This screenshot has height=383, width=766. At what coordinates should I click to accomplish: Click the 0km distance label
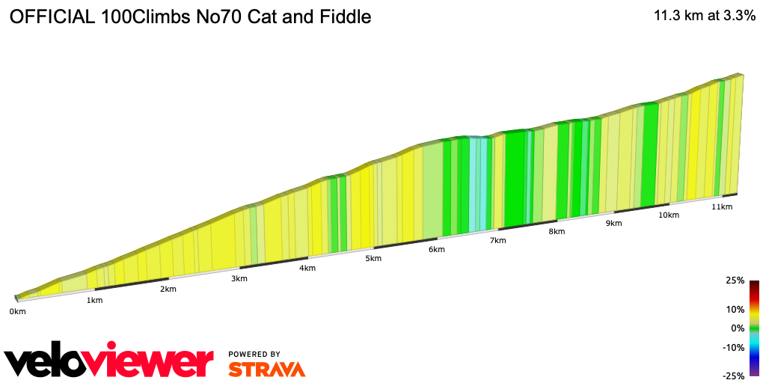point(17,311)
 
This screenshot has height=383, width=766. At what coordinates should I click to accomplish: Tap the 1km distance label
point(94,301)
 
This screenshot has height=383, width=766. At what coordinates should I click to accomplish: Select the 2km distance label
point(168,289)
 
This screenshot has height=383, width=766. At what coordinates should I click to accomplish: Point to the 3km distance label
point(239,279)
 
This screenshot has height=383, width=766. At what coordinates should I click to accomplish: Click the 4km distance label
point(307,269)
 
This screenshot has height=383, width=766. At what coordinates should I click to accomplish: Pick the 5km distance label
point(373,259)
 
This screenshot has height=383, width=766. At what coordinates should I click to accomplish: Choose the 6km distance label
point(437,250)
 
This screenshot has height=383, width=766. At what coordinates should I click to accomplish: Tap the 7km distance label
point(498,240)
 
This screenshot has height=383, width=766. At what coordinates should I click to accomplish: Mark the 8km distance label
point(557,232)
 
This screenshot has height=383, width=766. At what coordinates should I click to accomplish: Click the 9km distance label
point(614,224)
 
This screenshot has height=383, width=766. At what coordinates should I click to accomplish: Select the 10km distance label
point(669,215)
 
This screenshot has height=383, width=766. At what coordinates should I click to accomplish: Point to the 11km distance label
point(722,206)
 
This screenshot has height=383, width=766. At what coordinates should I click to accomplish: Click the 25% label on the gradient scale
point(735,281)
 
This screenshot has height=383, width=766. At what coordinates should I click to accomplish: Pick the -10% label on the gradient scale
point(734,347)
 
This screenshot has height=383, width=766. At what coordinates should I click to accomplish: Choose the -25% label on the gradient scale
point(734,376)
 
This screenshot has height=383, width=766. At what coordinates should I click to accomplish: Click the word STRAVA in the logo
point(266,369)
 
